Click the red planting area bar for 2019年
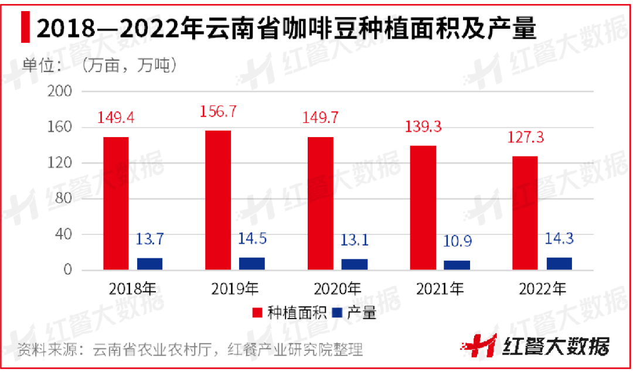[x=218, y=200]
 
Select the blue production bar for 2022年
[x=559, y=264]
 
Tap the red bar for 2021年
[x=423, y=207]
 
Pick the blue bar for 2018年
[x=149, y=264]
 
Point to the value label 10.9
[x=457, y=241]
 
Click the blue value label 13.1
[x=355, y=240]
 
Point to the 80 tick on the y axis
[x=64, y=199]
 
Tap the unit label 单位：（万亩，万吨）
[x=100, y=65]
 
